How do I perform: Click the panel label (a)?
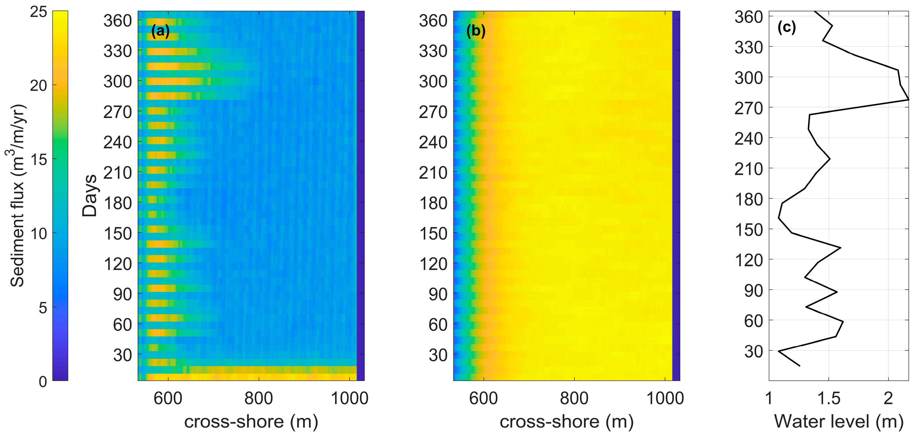pyautogui.click(x=160, y=31)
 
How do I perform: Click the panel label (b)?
pyautogui.click(x=475, y=31)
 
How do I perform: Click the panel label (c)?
pyautogui.click(x=787, y=27)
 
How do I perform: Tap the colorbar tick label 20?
pyautogui.click(x=38, y=85)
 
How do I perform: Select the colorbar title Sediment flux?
pyautogui.click(x=17, y=196)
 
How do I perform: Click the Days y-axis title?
pyautogui.click(x=89, y=196)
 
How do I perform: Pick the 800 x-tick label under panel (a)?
pyautogui.click(x=259, y=398)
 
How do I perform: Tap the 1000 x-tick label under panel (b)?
pyautogui.click(x=665, y=398)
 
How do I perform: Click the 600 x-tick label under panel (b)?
pyautogui.click(x=483, y=398)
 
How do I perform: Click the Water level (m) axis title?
pyautogui.click(x=839, y=421)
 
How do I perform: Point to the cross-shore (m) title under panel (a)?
pyautogui.click(x=251, y=421)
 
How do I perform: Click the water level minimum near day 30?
pyautogui.click(x=779, y=351)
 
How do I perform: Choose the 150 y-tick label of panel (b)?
pyautogui.click(x=434, y=233)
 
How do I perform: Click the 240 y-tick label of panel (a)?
pyautogui.click(x=118, y=142)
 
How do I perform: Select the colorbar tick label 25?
pyautogui.click(x=38, y=12)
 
